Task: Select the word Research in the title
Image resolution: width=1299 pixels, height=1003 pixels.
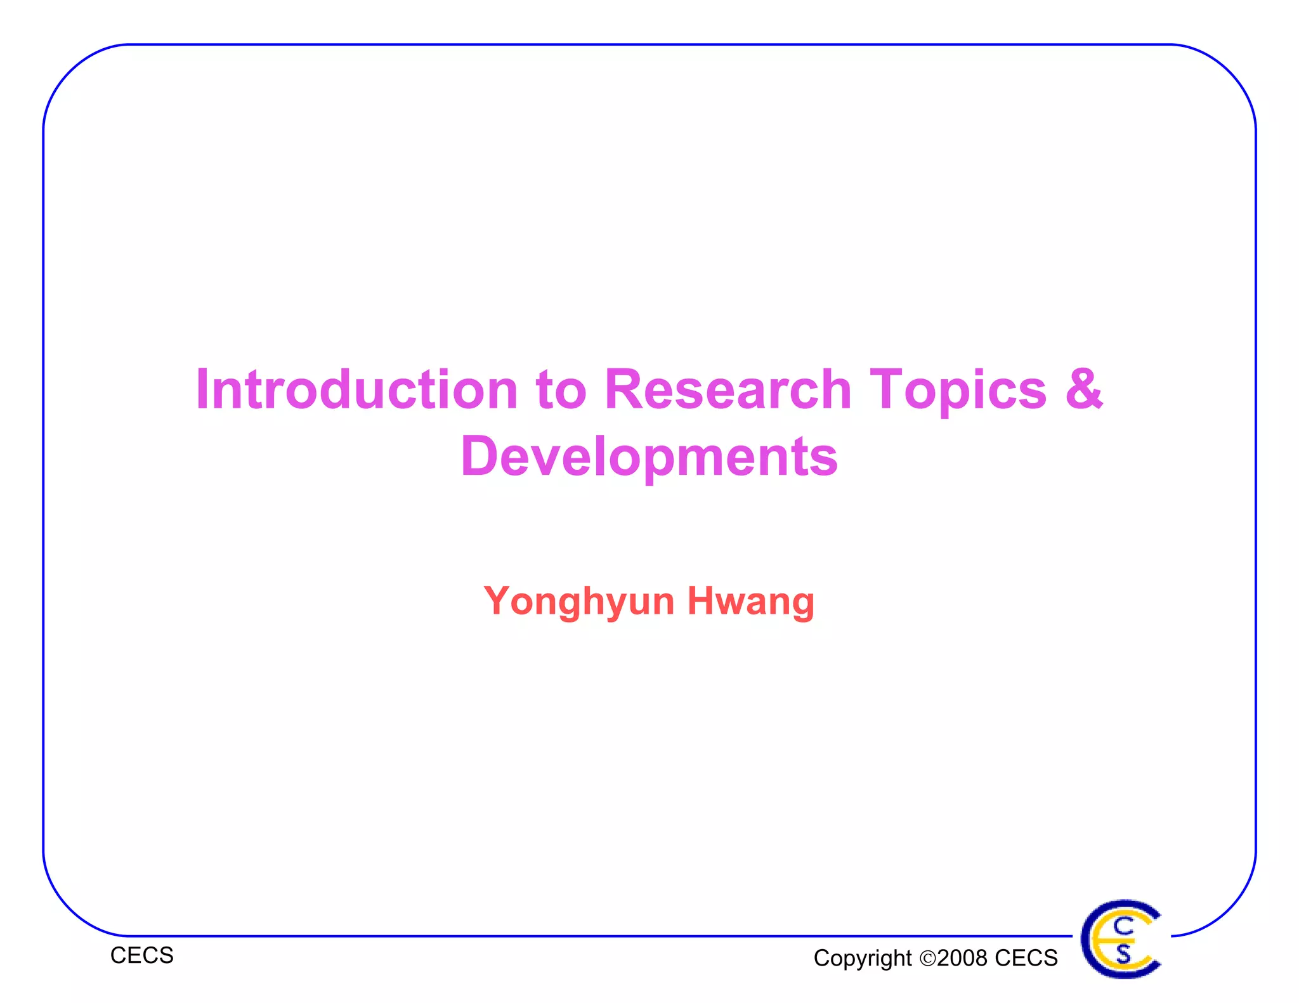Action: (727, 389)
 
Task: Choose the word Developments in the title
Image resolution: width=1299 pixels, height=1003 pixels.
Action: (649, 457)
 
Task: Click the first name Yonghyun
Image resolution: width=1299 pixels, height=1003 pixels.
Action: (578, 601)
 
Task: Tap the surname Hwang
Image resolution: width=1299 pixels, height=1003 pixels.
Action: (751, 601)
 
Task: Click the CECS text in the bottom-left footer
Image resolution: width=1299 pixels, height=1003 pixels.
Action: (141, 955)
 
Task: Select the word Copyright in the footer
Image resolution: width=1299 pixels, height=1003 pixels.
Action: (862, 958)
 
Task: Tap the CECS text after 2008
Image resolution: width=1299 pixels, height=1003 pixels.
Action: (1026, 958)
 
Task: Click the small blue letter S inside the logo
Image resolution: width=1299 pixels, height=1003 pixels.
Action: (1123, 954)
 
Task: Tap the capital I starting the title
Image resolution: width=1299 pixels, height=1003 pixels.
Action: (202, 389)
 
